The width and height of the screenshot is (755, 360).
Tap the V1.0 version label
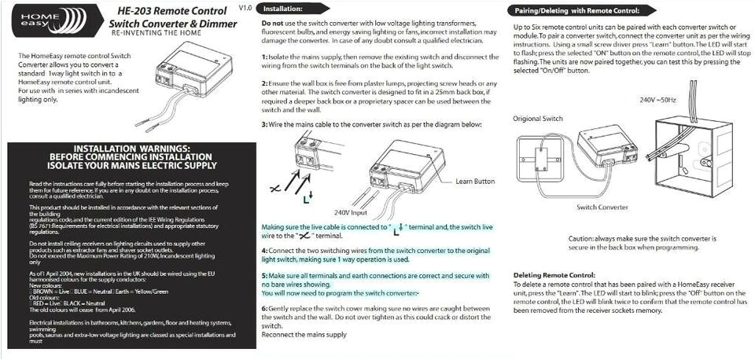245,7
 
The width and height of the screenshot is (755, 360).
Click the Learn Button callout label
475,182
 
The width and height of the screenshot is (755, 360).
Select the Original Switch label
538,119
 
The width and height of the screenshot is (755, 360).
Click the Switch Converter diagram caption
602,207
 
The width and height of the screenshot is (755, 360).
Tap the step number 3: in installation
265,125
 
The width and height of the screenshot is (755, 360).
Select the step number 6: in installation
265,308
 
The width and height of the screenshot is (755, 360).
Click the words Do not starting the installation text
272,24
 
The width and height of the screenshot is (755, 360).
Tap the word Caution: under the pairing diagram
580,238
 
